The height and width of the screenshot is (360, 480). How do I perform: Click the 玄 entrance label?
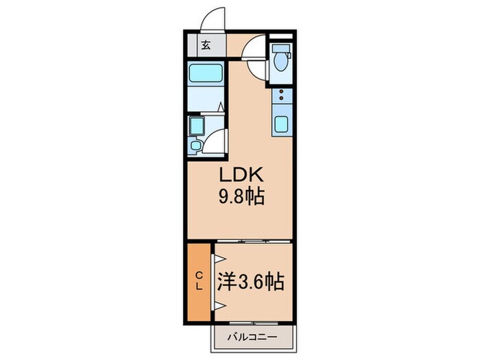(x=206, y=47)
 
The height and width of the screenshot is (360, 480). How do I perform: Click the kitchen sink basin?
(x=282, y=125)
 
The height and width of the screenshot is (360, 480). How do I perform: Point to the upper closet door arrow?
(x=220, y=259)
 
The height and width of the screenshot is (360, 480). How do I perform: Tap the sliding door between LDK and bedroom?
(x=254, y=241)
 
